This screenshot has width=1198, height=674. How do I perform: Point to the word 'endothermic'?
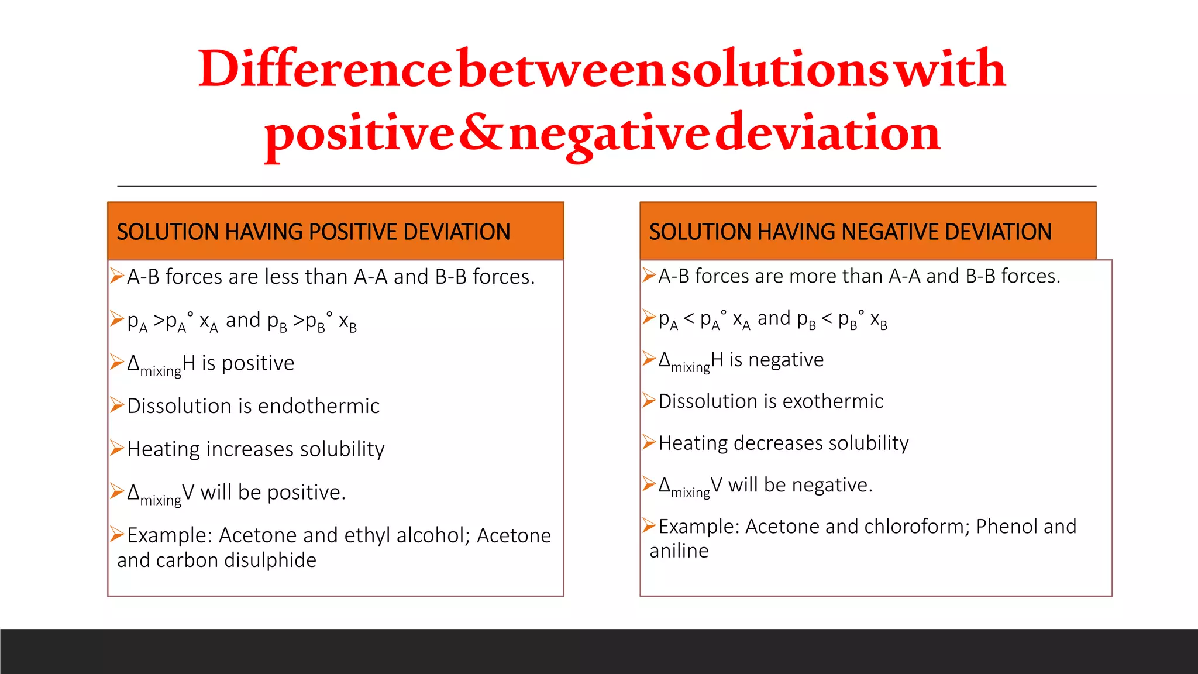[x=318, y=406]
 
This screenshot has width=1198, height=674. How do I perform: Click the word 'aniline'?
[x=679, y=551]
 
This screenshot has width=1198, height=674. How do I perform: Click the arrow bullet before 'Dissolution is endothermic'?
[x=117, y=405]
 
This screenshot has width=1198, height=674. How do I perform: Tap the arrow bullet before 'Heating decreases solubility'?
[x=648, y=442]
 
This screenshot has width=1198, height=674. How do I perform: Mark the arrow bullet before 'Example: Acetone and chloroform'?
[x=648, y=525]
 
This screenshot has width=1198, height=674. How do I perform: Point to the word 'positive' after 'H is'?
[x=258, y=364]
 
